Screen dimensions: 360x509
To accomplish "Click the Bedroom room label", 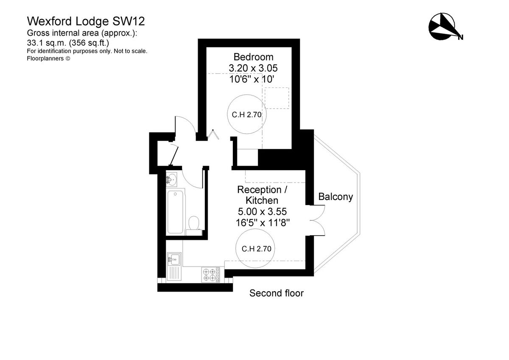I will (253, 57).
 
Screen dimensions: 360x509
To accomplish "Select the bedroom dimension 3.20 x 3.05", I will (253, 68).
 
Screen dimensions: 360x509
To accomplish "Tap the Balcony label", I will (336, 197).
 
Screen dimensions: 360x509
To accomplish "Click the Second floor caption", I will (276, 293).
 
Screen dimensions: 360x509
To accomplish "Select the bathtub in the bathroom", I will (176, 212).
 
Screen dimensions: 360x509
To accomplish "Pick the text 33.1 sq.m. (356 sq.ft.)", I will (68, 42).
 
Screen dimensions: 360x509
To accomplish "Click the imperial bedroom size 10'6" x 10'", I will (253, 79).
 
